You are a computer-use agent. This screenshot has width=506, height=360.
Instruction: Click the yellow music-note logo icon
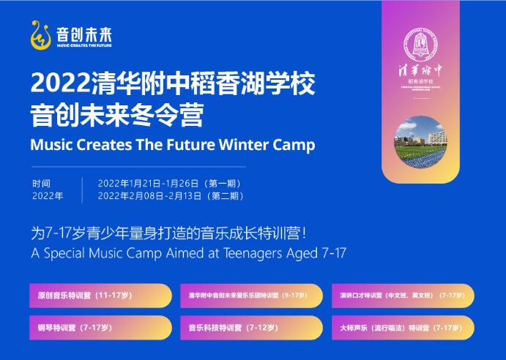pos(40,34)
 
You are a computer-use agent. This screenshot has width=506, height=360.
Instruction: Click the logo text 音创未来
pos(85,32)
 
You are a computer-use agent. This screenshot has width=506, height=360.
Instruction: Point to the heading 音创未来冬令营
pos(116,115)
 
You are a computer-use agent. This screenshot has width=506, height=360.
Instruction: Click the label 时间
pos(42,183)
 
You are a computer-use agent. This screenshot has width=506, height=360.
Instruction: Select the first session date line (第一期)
pos(169,183)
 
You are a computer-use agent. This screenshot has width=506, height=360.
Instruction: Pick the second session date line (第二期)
pos(169,195)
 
